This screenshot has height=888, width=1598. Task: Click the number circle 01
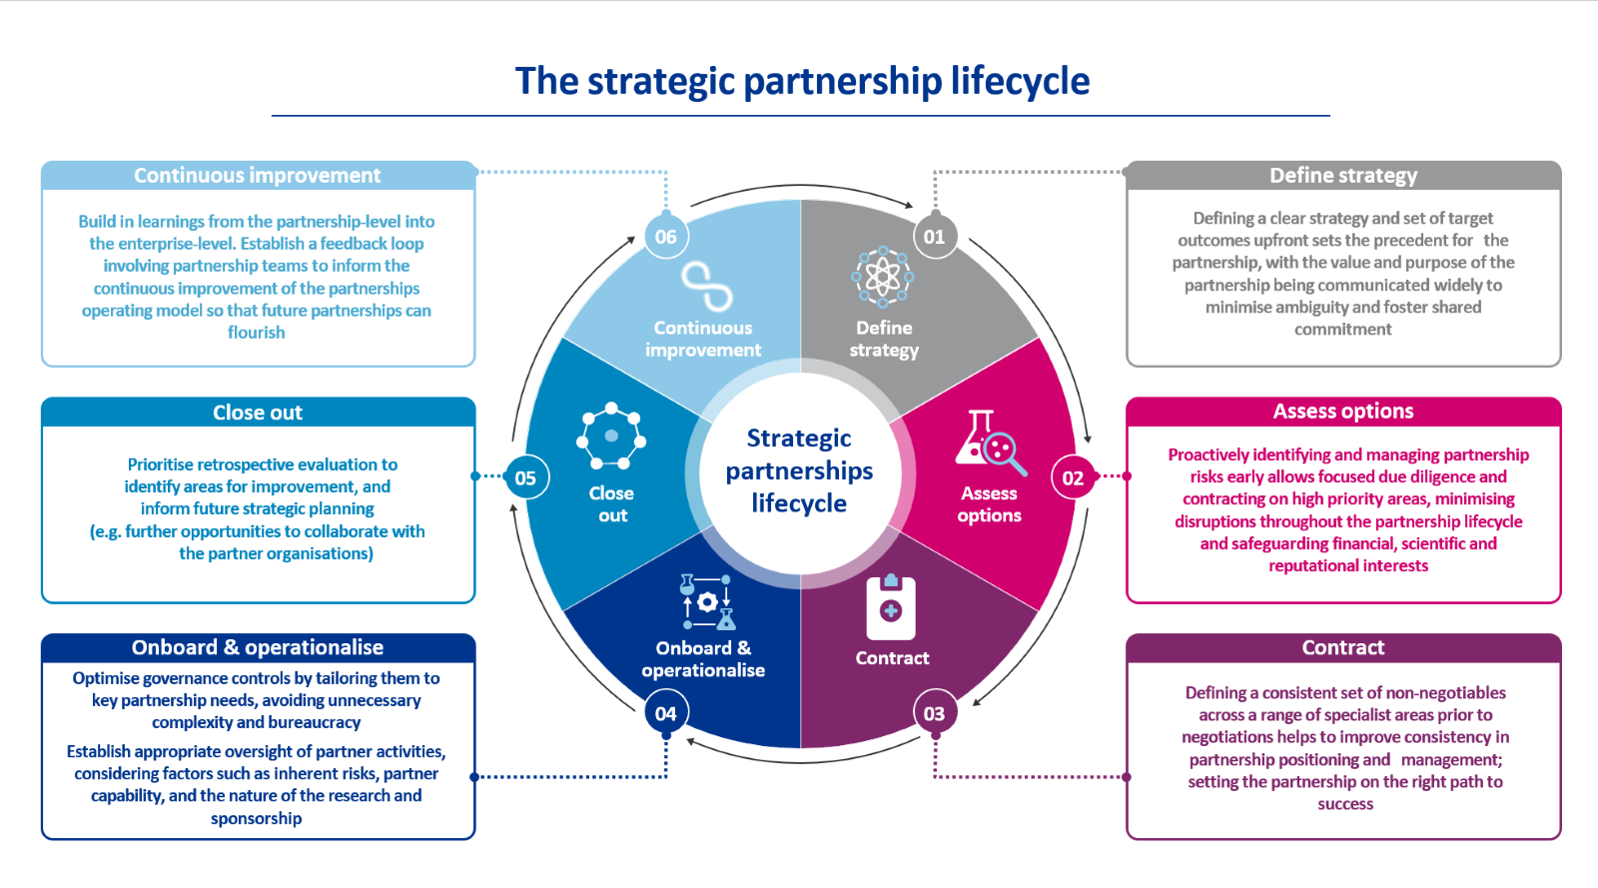pos(935,237)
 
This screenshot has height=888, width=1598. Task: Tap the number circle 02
pos(1073,477)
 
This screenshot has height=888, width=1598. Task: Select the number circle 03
pos(935,713)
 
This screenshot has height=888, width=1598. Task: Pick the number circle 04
pos(666,713)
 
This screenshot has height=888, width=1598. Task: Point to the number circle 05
pos(525,477)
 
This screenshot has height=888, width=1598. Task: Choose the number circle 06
pos(666,237)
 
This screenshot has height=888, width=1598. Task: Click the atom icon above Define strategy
pos(883,277)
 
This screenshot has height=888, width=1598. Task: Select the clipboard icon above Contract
pos(891,607)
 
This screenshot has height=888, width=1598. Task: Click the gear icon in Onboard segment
pos(707,601)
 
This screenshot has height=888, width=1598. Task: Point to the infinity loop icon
pos(706,287)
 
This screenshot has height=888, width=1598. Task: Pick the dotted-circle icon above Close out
pos(611,436)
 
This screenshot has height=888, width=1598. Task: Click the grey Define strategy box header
pos(1343,176)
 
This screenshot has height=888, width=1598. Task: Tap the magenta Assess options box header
pos(1343,412)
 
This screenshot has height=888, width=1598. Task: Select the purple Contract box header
pos(1343,647)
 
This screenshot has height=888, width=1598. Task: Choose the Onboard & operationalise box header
pos(258,647)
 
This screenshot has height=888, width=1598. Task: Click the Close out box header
pos(258,413)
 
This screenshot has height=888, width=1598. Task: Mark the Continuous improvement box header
pos(258,176)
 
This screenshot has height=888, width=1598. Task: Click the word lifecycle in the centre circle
pos(799,503)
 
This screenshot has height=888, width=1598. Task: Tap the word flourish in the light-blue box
pos(257,333)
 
